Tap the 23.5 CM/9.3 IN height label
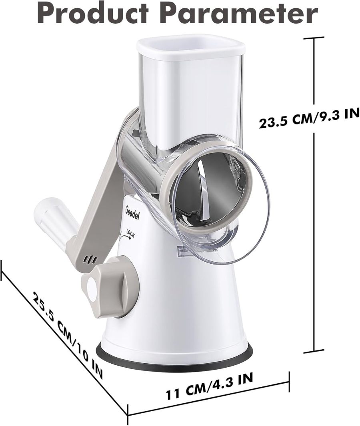tap(308, 118)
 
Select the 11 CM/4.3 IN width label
tap(209, 386)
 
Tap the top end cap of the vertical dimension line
tap(313, 38)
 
